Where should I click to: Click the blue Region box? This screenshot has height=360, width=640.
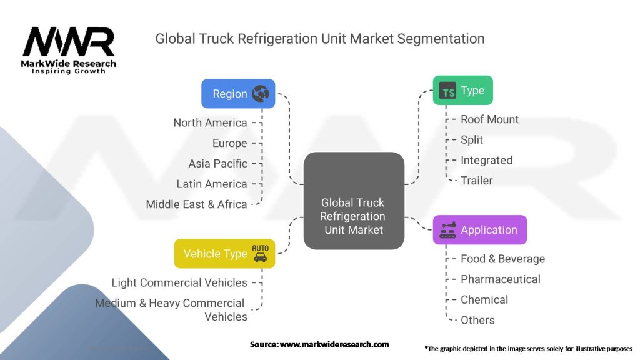point(238,94)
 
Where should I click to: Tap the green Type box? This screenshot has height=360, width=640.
point(463,90)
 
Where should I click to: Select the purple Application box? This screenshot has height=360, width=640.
point(480,230)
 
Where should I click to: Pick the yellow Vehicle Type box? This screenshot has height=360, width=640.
point(224,254)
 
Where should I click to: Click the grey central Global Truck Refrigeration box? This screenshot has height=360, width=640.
point(354,201)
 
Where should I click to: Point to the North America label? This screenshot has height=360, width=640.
point(210,122)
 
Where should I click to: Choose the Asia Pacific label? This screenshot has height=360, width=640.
point(218,164)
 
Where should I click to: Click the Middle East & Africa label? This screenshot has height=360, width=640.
point(196,204)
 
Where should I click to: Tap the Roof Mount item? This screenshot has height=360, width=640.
point(489,119)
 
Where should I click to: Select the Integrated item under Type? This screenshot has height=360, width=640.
point(486,160)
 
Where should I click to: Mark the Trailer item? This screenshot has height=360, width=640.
point(477,181)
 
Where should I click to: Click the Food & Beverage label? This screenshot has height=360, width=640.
point(503,259)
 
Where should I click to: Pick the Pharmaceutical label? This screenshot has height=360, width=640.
point(501,279)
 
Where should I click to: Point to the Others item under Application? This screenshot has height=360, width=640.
point(477,320)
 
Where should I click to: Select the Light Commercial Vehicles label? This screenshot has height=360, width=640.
point(179,282)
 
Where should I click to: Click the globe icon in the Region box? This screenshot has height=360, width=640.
point(261,94)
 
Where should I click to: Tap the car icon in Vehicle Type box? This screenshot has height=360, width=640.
point(261,257)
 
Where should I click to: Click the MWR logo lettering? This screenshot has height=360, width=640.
point(69,42)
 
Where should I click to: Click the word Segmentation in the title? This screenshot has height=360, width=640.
point(441,39)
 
